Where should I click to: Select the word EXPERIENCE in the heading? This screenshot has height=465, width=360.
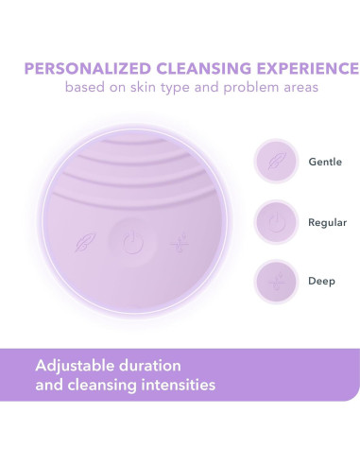307,69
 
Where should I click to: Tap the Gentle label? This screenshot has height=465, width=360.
325,162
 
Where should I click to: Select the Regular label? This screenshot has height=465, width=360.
327,222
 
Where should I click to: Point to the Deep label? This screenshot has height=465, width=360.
321,283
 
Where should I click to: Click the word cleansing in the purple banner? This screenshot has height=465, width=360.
104,386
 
